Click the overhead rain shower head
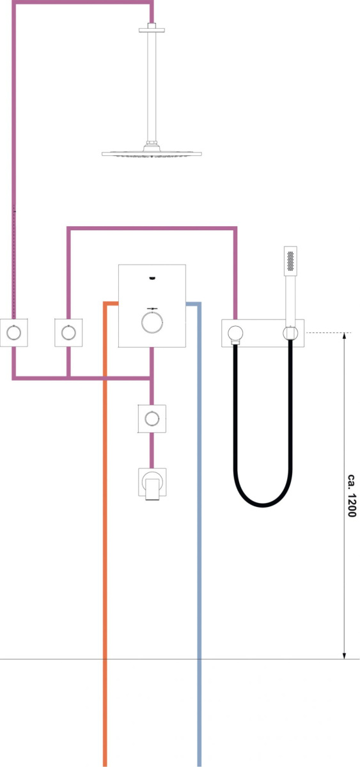pos(152,153)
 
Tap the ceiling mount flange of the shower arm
pos(152,29)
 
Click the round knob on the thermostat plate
pos(152,322)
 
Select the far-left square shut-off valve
pos(13,332)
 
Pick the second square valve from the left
pos(68,332)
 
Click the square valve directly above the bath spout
pos(152,419)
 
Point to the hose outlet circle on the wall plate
pos(236,333)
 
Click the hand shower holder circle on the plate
pos(290,333)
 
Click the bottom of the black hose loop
pos(263,506)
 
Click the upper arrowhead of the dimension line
pos(345,336)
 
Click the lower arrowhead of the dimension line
pos(345,655)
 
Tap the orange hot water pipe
pos(105,534)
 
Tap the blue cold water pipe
pos(199,534)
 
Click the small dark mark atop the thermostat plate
pos(152,278)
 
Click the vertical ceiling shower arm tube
pos(152,86)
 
